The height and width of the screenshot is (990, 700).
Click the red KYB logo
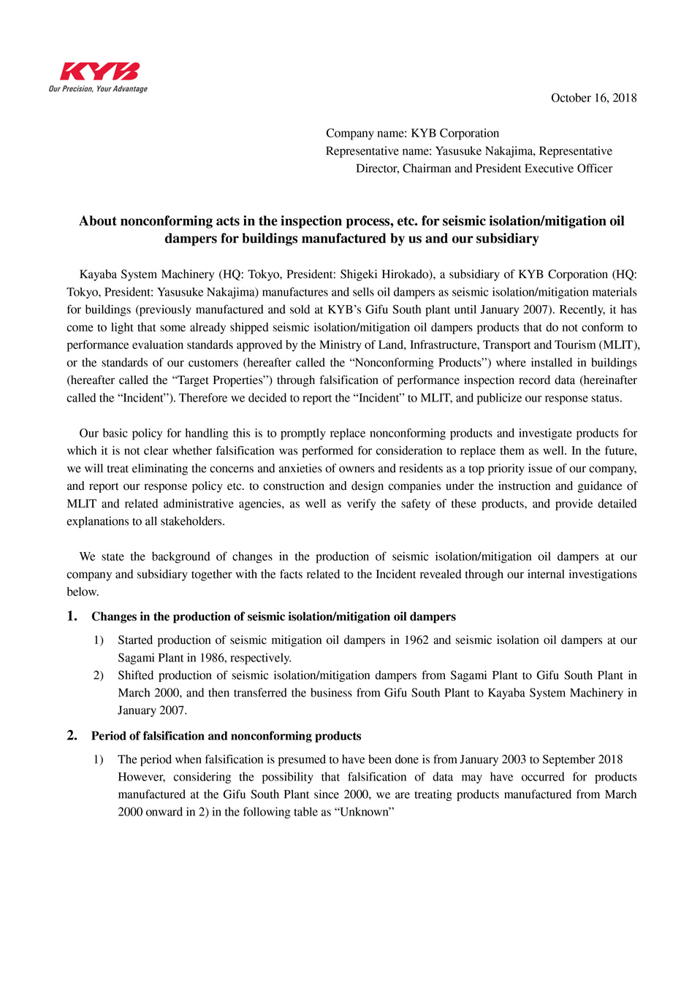99,72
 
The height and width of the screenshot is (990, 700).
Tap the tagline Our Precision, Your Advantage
98,89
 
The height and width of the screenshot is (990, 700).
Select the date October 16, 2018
593,98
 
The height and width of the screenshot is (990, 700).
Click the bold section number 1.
72,616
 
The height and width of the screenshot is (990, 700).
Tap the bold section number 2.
72,736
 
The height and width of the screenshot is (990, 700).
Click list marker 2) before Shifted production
98,675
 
